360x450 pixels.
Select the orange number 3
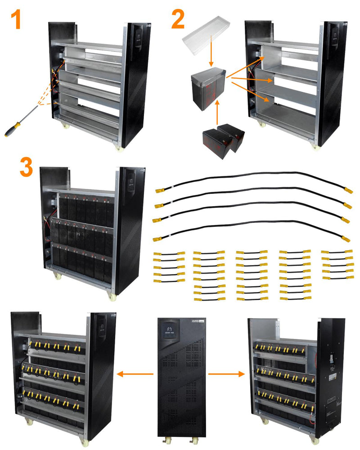point(26,168)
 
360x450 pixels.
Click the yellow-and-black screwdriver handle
point(11,129)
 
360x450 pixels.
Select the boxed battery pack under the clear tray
point(207,86)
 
